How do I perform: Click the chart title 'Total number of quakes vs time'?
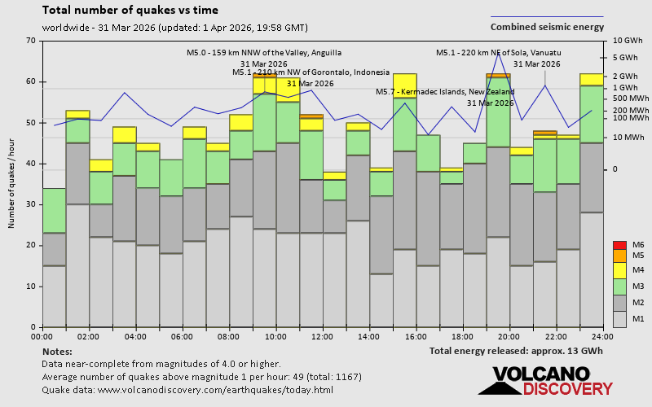[130, 11]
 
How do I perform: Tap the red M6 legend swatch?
[618, 244]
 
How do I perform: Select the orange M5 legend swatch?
[618, 256]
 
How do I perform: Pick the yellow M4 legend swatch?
[618, 269]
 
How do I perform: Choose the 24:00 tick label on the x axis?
[602, 336]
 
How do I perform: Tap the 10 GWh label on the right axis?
[628, 41]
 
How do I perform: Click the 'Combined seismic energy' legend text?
[558, 27]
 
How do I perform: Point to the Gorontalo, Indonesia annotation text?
[302, 72]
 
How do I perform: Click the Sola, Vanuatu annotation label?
[499, 53]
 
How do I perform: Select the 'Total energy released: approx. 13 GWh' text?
[517, 351]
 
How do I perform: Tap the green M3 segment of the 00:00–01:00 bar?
[54, 211]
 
